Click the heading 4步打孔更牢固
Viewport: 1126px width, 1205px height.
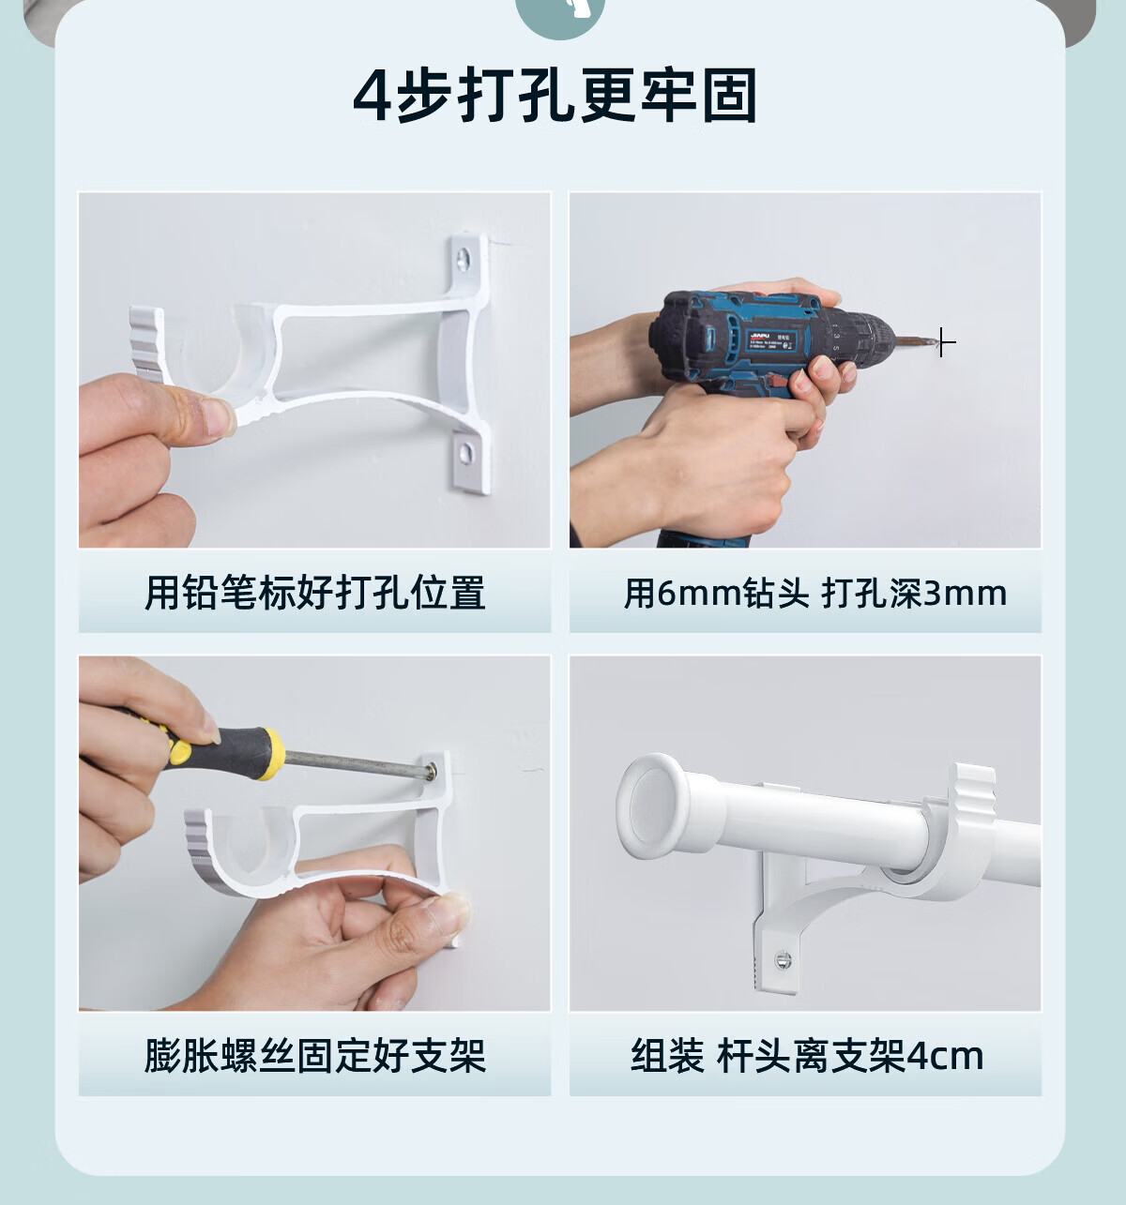555,96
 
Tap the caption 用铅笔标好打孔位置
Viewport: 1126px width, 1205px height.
315,593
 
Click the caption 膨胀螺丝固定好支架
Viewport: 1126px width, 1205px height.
315,1056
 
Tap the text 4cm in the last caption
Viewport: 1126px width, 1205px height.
944,1056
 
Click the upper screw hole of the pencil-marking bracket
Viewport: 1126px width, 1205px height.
463,259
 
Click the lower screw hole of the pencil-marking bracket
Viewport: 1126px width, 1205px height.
465,453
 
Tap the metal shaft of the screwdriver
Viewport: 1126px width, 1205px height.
356,762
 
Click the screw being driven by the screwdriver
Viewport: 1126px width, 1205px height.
432,772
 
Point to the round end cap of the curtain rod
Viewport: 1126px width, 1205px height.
653,806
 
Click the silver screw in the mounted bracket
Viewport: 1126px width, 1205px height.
783,960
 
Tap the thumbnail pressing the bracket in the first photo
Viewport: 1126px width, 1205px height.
218,417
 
